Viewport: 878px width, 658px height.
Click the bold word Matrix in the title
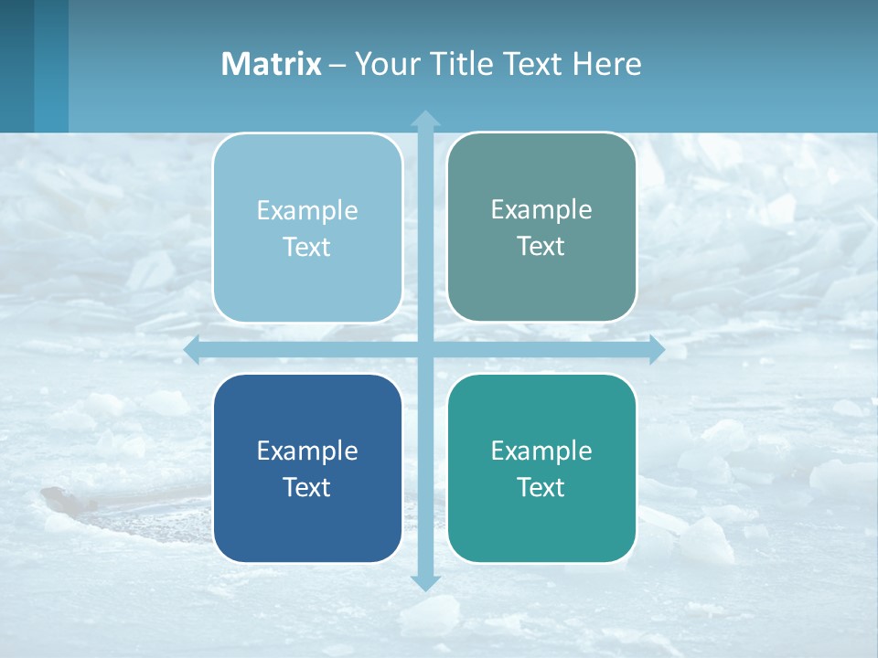tap(271, 64)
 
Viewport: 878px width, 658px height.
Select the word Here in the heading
tap(607, 64)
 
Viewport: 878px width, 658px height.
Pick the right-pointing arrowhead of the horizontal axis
tap(657, 350)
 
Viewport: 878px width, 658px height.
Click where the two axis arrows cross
tap(425, 350)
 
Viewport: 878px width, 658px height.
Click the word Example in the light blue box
tap(307, 210)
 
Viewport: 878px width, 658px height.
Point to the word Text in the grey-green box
tap(541, 247)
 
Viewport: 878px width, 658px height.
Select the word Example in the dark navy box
tap(307, 451)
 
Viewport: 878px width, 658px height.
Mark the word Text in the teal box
tap(541, 487)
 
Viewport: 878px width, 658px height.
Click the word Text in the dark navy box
tap(307, 487)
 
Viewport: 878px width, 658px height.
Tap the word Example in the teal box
tap(541, 451)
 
